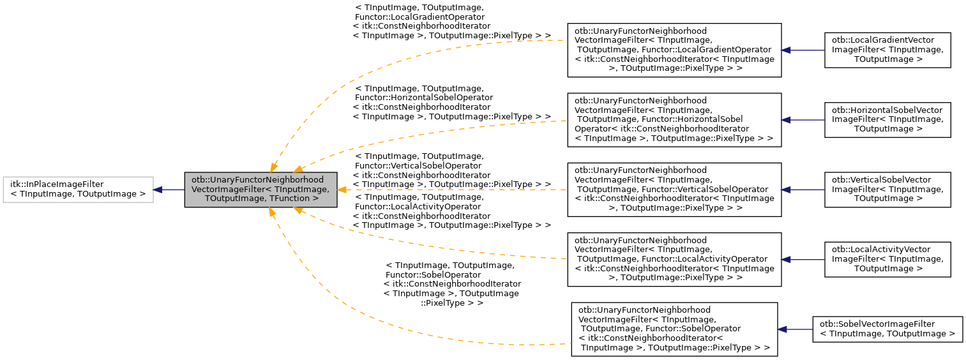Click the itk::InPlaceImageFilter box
pyautogui.click(x=78, y=190)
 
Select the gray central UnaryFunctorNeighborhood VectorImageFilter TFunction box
pyautogui.click(x=260, y=190)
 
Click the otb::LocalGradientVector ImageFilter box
pyautogui.click(x=887, y=50)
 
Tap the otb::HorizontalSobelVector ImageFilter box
pyautogui.click(x=887, y=119)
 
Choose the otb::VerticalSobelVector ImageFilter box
pyautogui.click(x=887, y=190)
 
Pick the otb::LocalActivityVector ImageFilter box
pyautogui.click(x=887, y=259)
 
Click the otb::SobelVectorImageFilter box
pyautogui.click(x=887, y=329)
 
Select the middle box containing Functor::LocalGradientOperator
pyautogui.click(x=674, y=50)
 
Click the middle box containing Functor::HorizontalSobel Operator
pyautogui.click(x=674, y=119)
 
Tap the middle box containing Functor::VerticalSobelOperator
pyautogui.click(x=674, y=190)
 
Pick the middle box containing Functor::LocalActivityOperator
pyautogui.click(x=674, y=259)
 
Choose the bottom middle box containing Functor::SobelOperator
pyautogui.click(x=674, y=329)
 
